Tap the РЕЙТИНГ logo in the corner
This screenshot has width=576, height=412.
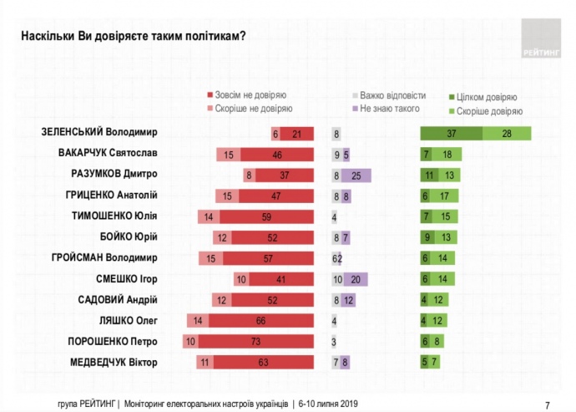(x=542, y=38)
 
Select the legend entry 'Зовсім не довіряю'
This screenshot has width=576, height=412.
(x=250, y=96)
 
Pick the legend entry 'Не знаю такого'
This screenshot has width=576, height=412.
(x=389, y=109)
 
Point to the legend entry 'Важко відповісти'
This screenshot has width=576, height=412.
(x=392, y=96)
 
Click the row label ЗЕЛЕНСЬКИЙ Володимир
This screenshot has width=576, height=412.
(x=99, y=133)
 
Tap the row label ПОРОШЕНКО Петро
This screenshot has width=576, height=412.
(x=113, y=341)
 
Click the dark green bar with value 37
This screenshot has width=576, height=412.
(x=451, y=133)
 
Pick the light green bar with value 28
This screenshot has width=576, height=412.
(x=507, y=133)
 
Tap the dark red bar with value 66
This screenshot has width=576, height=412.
(x=260, y=320)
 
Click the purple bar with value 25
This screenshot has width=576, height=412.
(x=356, y=175)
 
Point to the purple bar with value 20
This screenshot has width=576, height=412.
(x=356, y=279)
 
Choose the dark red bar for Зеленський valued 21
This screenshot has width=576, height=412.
(x=297, y=133)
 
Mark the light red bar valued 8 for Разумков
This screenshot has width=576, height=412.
(x=249, y=175)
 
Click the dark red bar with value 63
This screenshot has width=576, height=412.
(x=262, y=362)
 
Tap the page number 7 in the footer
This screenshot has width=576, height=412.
(x=547, y=402)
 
